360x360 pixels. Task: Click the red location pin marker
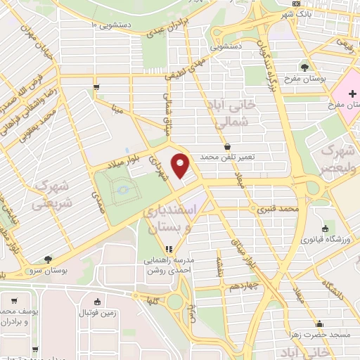pos(181,166)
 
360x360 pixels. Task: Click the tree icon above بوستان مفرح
pos(304,68)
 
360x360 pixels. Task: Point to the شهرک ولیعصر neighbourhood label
pos(335,160)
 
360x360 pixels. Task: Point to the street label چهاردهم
pos(244,287)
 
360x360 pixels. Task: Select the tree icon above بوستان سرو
pos(46,259)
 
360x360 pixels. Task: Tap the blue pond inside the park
pos(122,189)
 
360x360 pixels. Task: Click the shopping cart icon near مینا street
pos(95,87)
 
